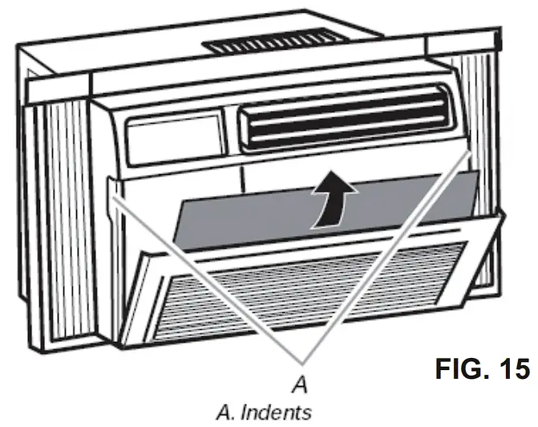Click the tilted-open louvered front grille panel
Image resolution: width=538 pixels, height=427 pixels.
(305, 285)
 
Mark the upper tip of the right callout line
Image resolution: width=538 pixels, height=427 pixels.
(469, 149)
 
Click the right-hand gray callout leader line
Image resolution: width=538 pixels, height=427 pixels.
(385, 254)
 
